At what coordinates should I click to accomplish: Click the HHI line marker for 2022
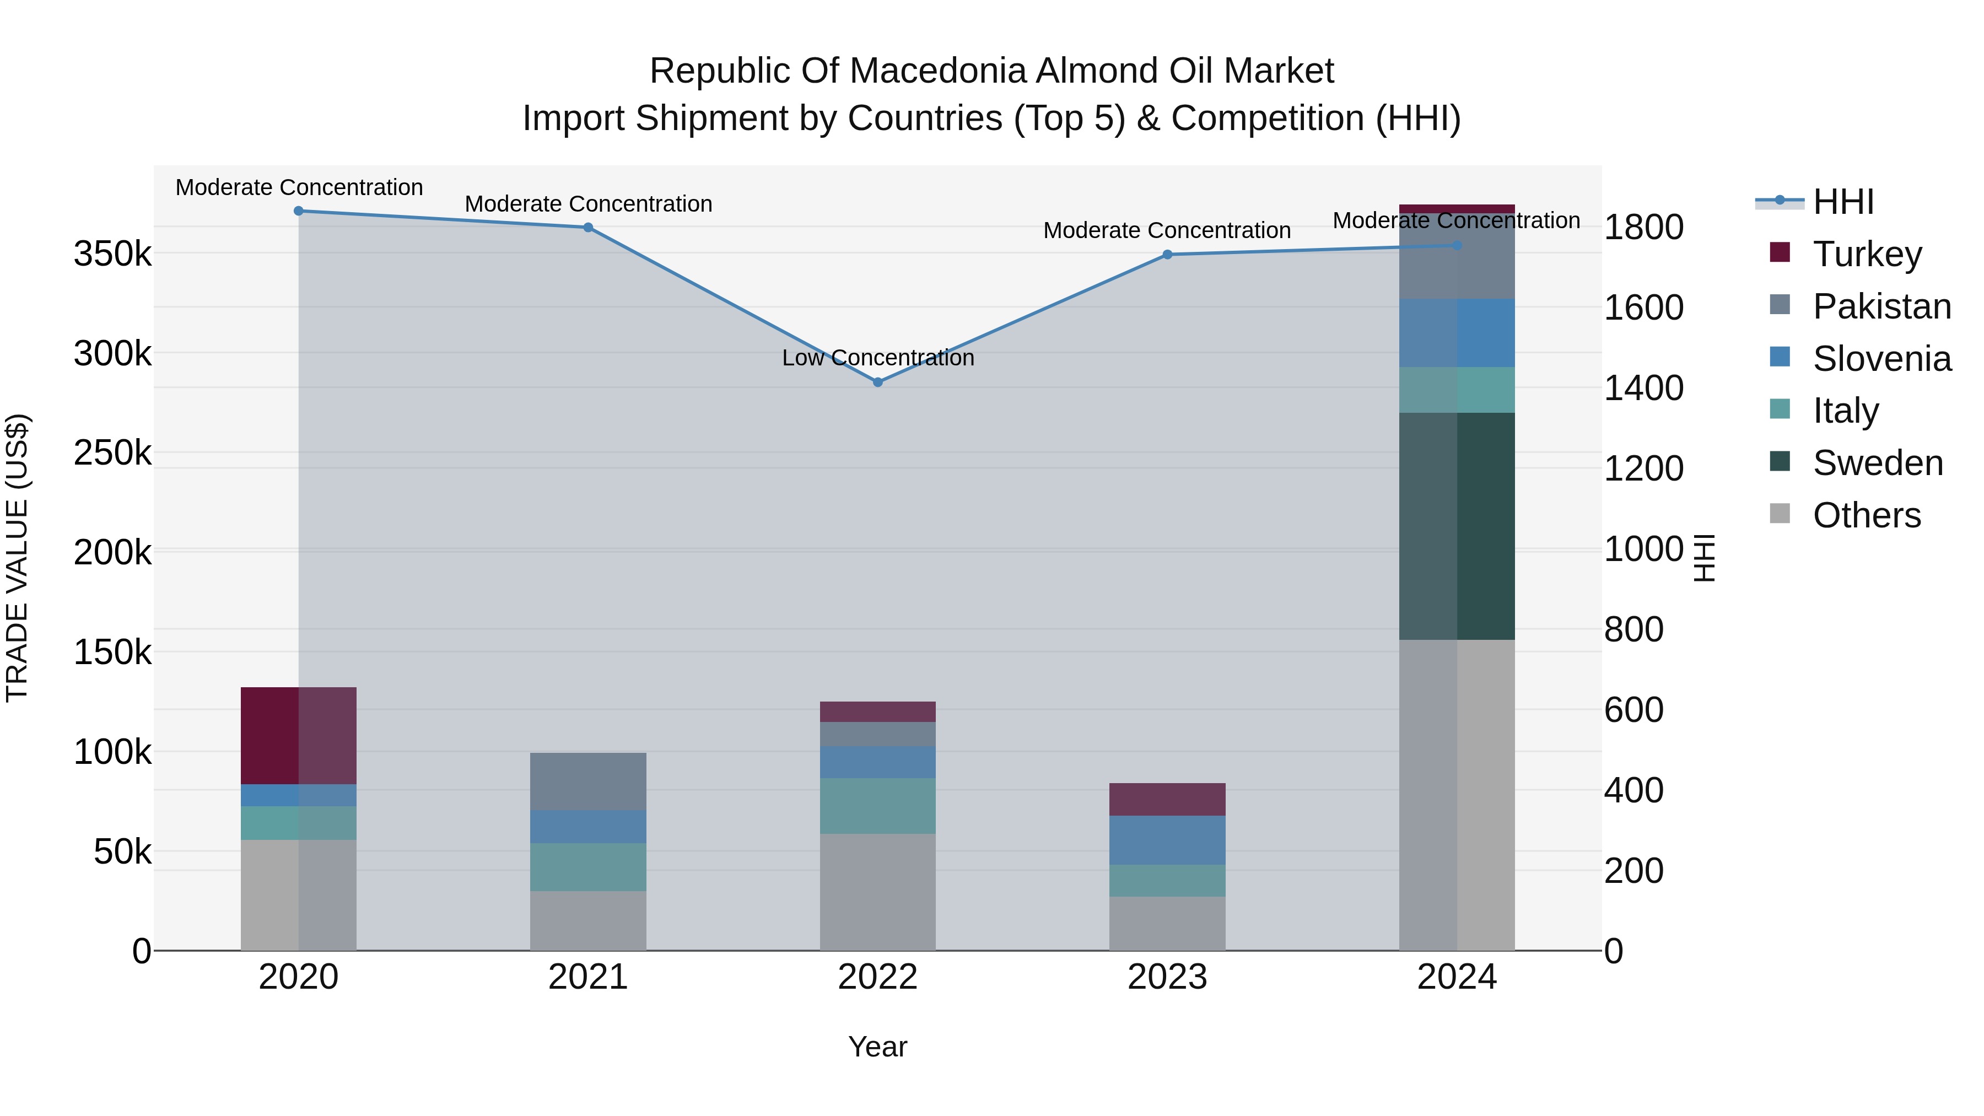(x=877, y=382)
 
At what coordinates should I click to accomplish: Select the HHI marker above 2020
(x=299, y=211)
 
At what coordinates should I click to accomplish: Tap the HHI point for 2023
(x=1167, y=254)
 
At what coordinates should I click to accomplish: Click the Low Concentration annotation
(x=878, y=358)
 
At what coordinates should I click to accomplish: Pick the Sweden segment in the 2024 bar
(x=1457, y=526)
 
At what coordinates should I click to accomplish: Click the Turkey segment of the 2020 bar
(x=299, y=736)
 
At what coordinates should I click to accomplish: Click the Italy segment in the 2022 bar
(x=877, y=806)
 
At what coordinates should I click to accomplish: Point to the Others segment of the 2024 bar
(x=1457, y=795)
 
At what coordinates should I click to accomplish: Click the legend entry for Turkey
(x=1867, y=254)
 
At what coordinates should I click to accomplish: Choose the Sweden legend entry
(x=1877, y=463)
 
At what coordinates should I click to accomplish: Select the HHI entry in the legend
(x=1843, y=202)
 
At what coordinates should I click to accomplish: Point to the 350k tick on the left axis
(x=112, y=254)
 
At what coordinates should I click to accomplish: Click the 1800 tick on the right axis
(x=1643, y=227)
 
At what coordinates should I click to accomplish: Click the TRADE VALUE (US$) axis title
(x=18, y=558)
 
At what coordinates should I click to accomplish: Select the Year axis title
(x=877, y=1047)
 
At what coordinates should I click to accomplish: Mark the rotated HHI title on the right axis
(x=1705, y=558)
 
